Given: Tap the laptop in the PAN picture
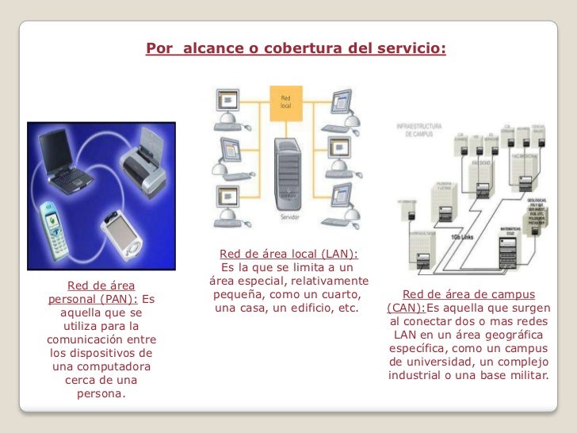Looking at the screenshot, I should [68, 159].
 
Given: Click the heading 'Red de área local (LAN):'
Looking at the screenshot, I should [288, 254].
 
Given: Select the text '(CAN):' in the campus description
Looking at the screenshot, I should [406, 308].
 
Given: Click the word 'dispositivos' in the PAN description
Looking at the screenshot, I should [120, 353].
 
